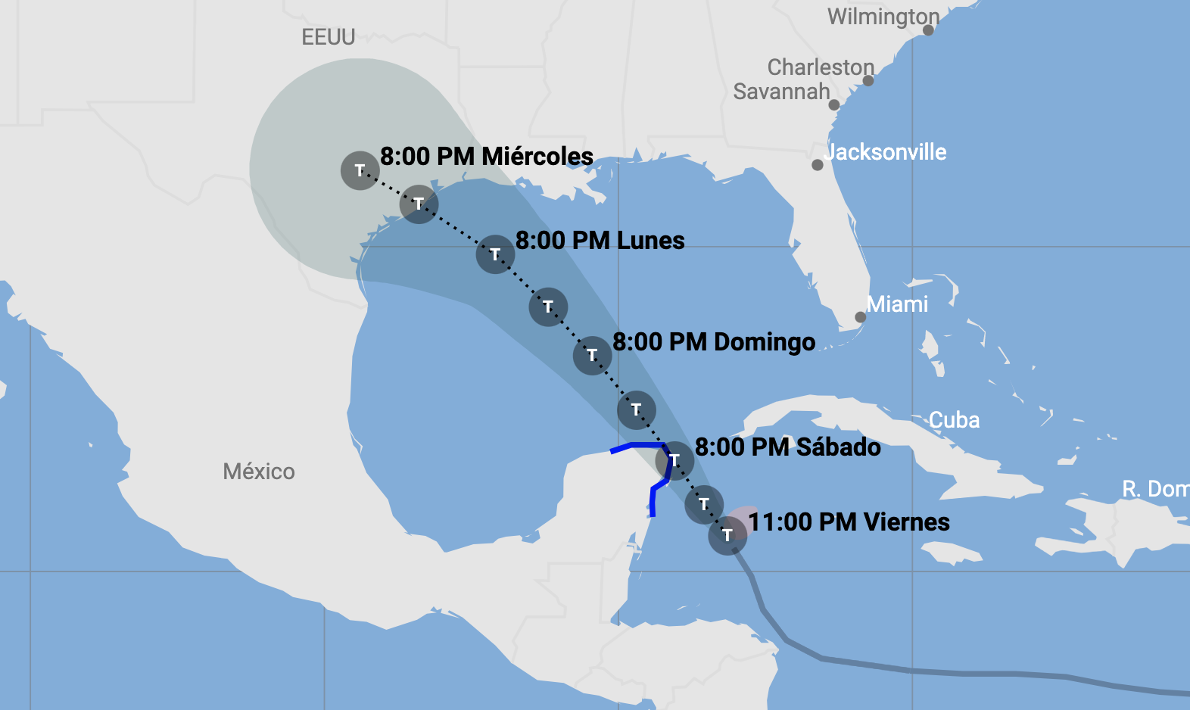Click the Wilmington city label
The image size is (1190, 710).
point(883,17)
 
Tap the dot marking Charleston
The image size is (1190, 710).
point(868,80)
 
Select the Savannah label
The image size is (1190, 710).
point(781,92)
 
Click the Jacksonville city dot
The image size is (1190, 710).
point(818,165)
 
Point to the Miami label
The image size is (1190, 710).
point(897,304)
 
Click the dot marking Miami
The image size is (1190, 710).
point(860,317)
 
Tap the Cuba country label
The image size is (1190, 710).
point(954,420)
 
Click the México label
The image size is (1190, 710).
point(259,472)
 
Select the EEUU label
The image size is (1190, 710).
point(328,37)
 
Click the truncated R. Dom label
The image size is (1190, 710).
point(1154,489)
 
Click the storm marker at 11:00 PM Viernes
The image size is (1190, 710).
point(727,536)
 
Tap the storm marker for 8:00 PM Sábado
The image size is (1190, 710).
point(674,460)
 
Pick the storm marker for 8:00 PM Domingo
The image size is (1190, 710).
point(592,355)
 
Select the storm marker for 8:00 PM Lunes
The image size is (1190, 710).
point(495,254)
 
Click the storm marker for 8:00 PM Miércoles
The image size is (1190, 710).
point(360,170)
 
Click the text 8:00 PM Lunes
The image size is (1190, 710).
point(600,241)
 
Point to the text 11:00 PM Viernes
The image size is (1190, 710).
point(849,522)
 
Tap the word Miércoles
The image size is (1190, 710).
point(537,157)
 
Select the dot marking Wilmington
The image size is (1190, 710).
point(928,30)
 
